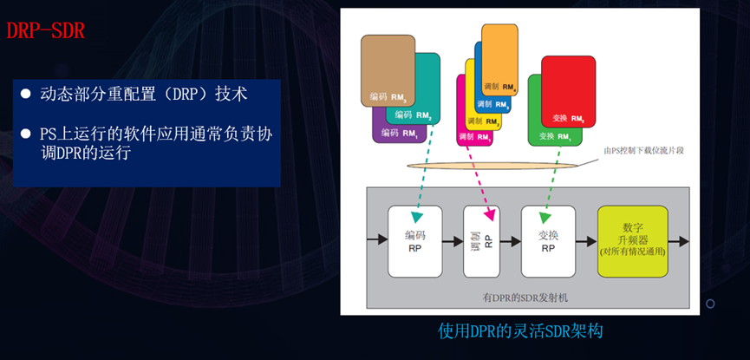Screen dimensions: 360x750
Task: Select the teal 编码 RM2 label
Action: coord(413,115)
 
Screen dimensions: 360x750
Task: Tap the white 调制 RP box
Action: coord(482,240)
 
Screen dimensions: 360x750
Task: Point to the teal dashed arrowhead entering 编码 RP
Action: coord(415,215)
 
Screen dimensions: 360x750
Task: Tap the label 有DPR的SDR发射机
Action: coord(525,298)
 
